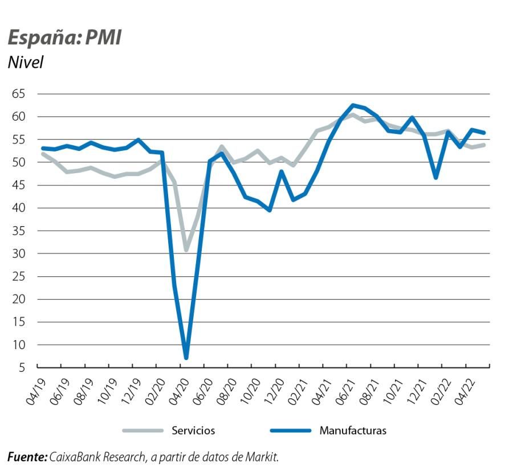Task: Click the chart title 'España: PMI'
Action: click(x=64, y=38)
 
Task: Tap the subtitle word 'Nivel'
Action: click(x=26, y=62)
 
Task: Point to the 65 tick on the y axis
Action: click(x=20, y=94)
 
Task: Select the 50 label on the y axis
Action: click(x=20, y=162)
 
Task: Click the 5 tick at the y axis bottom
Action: click(x=23, y=367)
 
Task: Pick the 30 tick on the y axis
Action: click(x=20, y=253)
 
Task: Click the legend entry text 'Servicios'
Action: click(x=193, y=431)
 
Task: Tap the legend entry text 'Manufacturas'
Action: click(x=353, y=431)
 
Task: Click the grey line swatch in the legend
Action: click(x=142, y=431)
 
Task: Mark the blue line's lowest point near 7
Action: click(x=186, y=358)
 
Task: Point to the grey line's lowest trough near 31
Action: click(x=186, y=249)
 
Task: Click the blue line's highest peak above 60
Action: click(x=353, y=105)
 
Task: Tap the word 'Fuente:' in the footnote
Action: click(x=27, y=457)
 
